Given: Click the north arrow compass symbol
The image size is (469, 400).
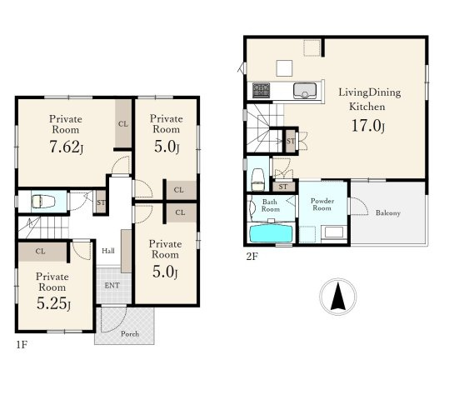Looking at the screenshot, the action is click(338, 297).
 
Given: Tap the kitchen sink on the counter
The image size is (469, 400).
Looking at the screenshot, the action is click(305, 90).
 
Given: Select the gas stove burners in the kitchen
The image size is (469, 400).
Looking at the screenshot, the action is click(261, 90).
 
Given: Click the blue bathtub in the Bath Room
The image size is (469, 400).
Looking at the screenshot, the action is click(271, 233).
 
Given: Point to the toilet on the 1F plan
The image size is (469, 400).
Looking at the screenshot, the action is click(43, 202).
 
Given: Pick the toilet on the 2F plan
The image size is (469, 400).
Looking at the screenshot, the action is click(258, 179).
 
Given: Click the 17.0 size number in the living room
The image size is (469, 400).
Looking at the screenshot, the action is click(368, 126).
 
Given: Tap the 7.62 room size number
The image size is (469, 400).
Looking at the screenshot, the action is click(66, 147).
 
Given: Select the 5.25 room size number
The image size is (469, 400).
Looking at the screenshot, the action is click(54, 303).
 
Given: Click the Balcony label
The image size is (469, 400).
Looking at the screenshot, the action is click(388, 213).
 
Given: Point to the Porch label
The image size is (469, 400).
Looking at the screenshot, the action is click(130, 333).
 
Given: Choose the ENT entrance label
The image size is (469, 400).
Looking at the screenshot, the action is click(112, 286).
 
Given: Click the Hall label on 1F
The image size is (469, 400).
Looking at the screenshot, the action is click(108, 251).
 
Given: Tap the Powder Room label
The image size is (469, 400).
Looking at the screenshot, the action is click(322, 204).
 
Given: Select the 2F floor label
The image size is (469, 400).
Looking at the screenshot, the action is click(252, 257).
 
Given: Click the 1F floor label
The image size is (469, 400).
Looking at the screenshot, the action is click(22, 345).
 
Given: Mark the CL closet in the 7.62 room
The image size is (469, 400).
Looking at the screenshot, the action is click(123, 124).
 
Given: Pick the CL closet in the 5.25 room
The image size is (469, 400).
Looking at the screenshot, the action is click(42, 252).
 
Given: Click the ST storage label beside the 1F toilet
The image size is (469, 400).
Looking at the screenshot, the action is click(101, 202).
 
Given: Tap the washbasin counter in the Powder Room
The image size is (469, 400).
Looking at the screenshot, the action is click(334, 233).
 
